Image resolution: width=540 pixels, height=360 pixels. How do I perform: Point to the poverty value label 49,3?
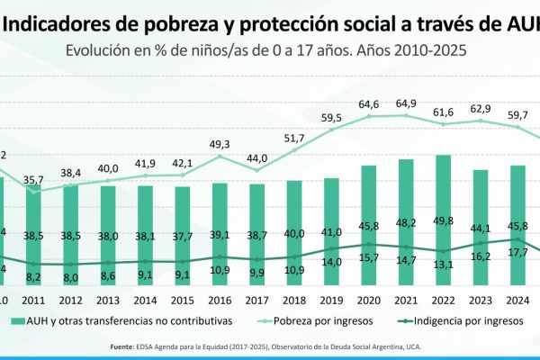(x=220, y=144)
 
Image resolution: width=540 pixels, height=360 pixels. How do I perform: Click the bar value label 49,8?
(x=442, y=221)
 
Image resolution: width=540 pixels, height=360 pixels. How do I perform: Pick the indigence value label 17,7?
(x=517, y=253)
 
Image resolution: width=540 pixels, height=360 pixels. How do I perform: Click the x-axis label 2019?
(x=331, y=300)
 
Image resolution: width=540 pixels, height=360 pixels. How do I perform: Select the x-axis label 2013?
(x=110, y=300)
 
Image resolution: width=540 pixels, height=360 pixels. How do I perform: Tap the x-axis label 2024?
(x=516, y=300)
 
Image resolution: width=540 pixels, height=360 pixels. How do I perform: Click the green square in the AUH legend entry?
(x=17, y=320)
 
